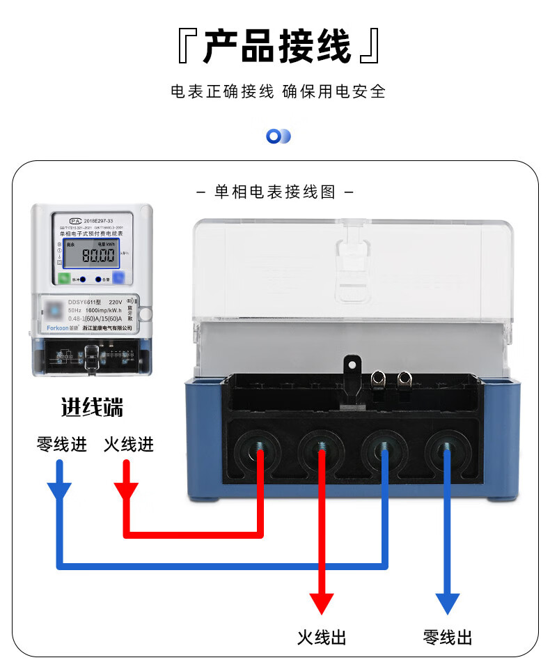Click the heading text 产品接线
[276, 47]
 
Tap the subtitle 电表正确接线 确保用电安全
[277, 91]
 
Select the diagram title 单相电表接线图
[275, 192]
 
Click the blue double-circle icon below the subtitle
[278, 137]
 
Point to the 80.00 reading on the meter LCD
[98, 255]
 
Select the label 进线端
[92, 408]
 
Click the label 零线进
[62, 444]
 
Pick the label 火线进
[129, 444]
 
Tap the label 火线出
[322, 637]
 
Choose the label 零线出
[448, 637]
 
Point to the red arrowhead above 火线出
[322, 602]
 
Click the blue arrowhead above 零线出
[448, 602]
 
